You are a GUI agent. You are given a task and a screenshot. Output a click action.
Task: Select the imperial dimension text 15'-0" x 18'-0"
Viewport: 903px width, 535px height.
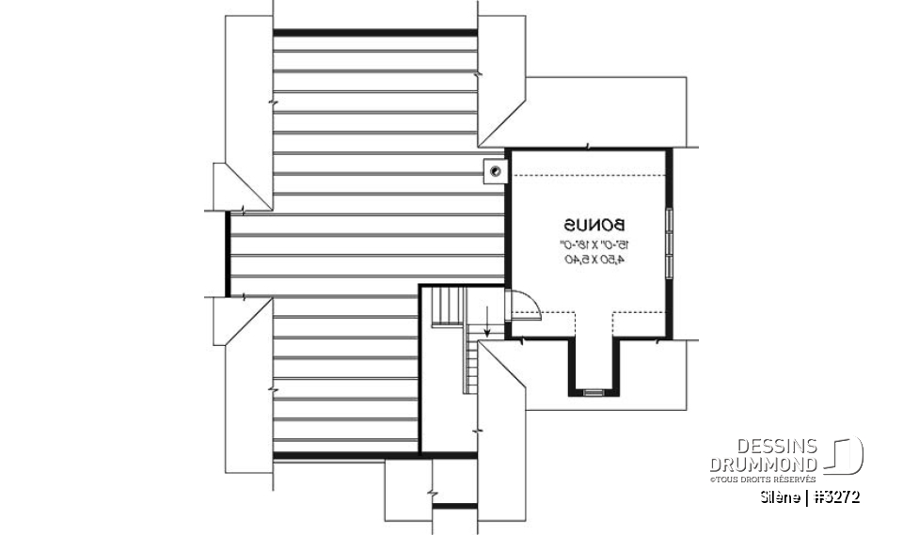(594, 244)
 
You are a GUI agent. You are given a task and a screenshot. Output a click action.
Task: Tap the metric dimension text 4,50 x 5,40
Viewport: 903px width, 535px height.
(594, 259)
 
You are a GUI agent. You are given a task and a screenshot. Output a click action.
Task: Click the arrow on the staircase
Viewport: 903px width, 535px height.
(488, 325)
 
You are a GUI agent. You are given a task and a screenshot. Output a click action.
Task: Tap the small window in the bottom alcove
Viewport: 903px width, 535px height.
(594, 390)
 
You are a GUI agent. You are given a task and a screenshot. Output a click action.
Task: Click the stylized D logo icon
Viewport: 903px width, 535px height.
(846, 455)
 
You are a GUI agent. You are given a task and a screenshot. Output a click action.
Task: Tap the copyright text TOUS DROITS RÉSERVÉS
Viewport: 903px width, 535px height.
(763, 480)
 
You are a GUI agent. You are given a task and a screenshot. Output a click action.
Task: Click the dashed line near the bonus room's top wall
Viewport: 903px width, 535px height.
(588, 176)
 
